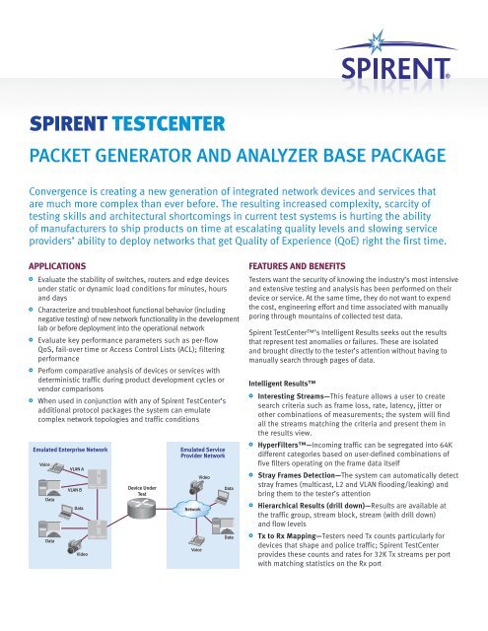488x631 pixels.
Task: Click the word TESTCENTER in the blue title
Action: (x=169, y=126)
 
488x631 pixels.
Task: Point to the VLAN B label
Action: (x=74, y=489)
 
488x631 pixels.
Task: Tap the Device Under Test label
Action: (x=143, y=489)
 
